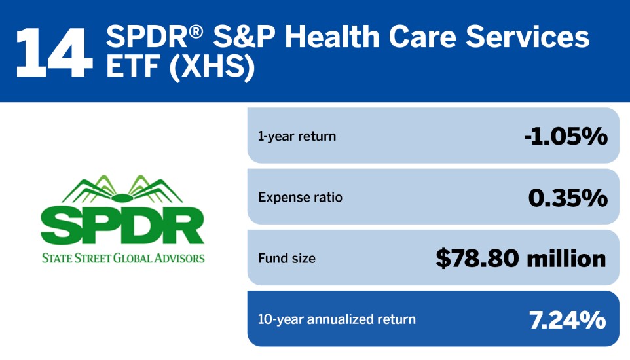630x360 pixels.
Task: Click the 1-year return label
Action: (297, 137)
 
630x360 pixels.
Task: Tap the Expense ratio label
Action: (300, 197)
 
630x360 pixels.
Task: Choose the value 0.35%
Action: (567, 197)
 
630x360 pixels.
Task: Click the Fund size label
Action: (287, 258)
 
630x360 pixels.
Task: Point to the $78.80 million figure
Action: (521, 258)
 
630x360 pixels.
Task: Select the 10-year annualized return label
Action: (337, 319)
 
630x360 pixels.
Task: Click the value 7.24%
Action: (567, 319)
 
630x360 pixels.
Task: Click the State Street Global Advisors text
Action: (122, 257)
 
